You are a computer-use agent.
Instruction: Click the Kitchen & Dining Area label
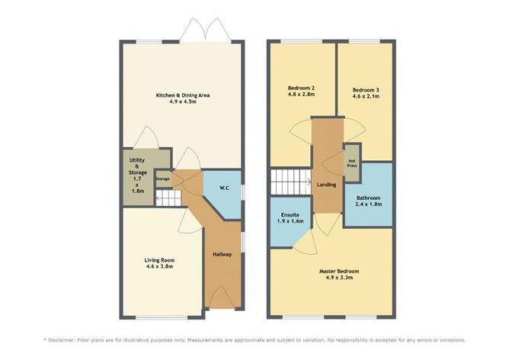[183, 95]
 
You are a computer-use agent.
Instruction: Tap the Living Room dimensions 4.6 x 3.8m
[160, 267]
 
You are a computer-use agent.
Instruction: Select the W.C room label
[225, 188]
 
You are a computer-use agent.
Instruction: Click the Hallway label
[222, 253]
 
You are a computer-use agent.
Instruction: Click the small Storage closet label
[162, 179]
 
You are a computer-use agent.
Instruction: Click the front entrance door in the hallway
[222, 298]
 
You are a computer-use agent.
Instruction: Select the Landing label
[326, 185]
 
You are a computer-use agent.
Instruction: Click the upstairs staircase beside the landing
[290, 182]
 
